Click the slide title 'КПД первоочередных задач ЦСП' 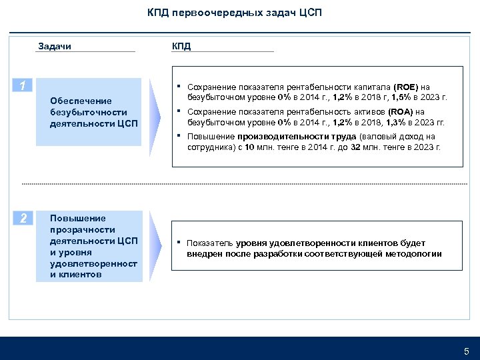(234, 13)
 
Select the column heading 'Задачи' (55, 46)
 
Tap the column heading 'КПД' (181, 46)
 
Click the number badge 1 (23, 86)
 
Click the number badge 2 (23, 218)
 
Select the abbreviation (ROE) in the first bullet (407, 87)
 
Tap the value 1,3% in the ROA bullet (397, 122)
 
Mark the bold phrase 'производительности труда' (297, 137)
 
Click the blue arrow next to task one (155, 112)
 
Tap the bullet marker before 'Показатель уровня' (179, 243)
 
